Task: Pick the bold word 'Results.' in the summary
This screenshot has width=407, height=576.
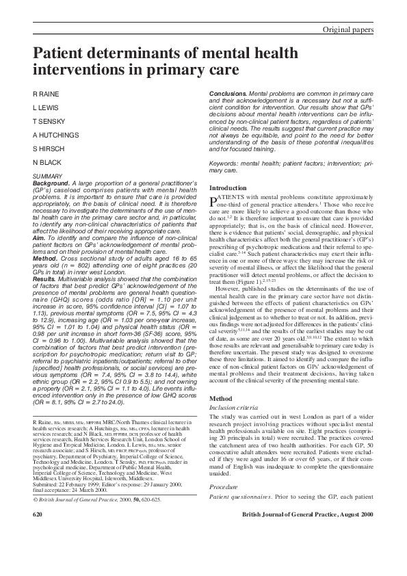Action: click(45, 278)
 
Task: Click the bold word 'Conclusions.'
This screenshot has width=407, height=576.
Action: click(227, 92)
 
